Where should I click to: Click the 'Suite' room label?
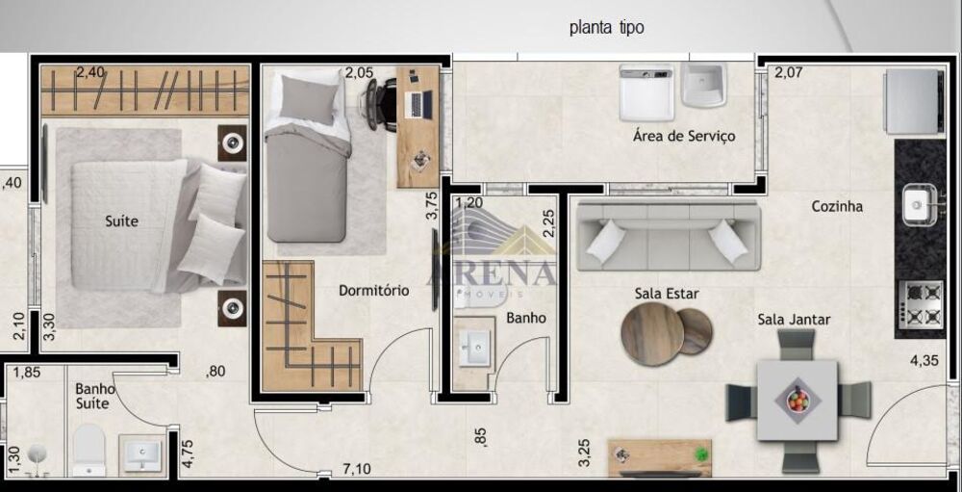click(121, 221)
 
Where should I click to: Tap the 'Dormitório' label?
click(373, 290)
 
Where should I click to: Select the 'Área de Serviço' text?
click(683, 136)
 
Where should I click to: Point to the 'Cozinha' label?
click(836, 206)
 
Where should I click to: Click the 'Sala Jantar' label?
click(794, 320)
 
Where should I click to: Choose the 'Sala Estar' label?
click(666, 294)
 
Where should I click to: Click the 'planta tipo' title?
click(606, 28)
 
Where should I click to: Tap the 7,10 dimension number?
click(356, 469)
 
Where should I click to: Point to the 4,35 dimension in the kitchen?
click(924, 361)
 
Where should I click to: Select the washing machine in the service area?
click(646, 92)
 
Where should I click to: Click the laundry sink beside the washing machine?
click(705, 85)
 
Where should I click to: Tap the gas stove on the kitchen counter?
click(920, 304)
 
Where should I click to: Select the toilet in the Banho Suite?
click(89, 452)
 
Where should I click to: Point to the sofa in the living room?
click(667, 235)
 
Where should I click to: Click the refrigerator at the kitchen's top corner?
click(911, 100)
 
